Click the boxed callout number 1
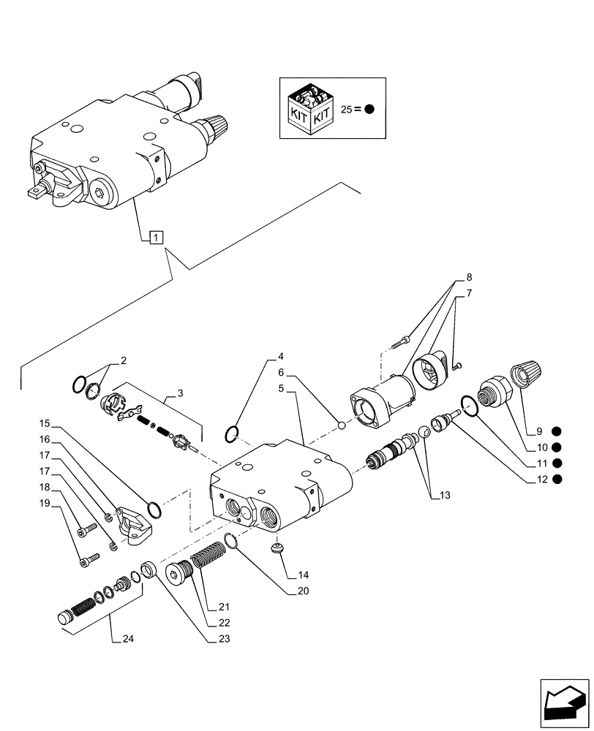coord(155,236)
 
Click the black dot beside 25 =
coord(369,110)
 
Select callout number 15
coord(45,423)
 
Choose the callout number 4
coord(280,358)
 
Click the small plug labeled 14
coord(278,548)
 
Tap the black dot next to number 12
coord(557,480)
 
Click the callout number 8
coord(469,277)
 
